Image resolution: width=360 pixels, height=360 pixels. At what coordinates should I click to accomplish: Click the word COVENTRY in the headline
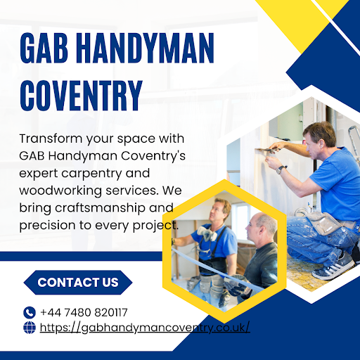pyautogui.click(x=81, y=96)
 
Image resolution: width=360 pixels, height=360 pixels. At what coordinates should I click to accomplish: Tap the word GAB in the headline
pyautogui.click(x=44, y=48)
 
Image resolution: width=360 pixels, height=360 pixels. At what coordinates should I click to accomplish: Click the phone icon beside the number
pyautogui.click(x=30, y=312)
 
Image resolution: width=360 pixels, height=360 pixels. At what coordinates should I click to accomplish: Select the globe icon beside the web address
pyautogui.click(x=30, y=328)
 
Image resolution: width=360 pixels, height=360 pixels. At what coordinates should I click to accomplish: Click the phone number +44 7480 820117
pyautogui.click(x=84, y=312)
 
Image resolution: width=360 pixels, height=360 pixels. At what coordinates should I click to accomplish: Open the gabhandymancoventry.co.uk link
pyautogui.click(x=145, y=328)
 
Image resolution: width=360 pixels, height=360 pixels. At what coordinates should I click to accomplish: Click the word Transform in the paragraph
pyautogui.click(x=51, y=139)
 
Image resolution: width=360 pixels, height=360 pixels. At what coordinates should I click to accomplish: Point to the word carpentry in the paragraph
pyautogui.click(x=91, y=174)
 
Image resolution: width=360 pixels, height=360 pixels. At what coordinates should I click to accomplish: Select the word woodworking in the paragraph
pyautogui.click(x=60, y=191)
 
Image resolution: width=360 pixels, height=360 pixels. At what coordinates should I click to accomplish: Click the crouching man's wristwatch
pyautogui.click(x=281, y=169)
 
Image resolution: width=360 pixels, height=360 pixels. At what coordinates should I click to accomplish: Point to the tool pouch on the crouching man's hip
pyautogui.click(x=323, y=223)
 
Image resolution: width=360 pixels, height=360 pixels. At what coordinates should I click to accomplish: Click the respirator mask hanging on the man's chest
pyautogui.click(x=207, y=233)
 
